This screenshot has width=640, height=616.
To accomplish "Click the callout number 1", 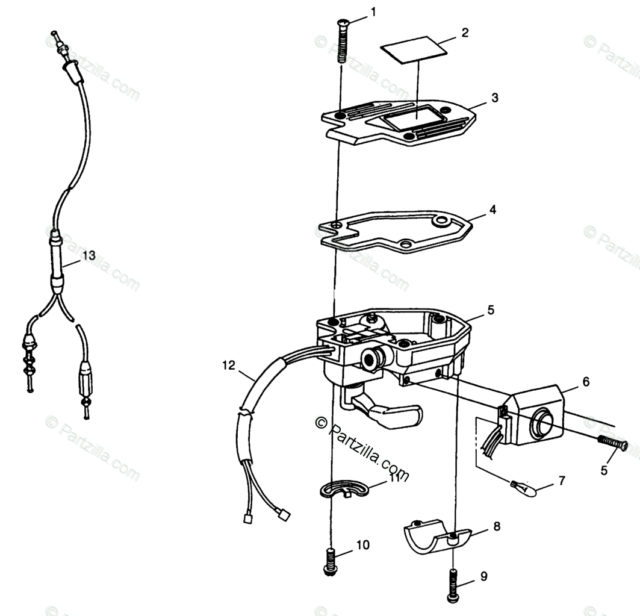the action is click(373, 11).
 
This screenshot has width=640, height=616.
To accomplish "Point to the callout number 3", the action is click(494, 98).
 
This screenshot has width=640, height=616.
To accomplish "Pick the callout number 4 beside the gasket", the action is click(492, 211).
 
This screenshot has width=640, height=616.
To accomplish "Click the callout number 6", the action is click(586, 382).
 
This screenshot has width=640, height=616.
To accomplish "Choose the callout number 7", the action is click(562, 481).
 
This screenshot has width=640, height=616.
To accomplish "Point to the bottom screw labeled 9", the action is click(453, 579).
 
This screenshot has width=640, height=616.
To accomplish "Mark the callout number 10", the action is click(362, 546).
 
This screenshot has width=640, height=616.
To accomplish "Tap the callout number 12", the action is click(228, 365).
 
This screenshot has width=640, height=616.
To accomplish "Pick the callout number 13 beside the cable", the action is click(89, 255).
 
